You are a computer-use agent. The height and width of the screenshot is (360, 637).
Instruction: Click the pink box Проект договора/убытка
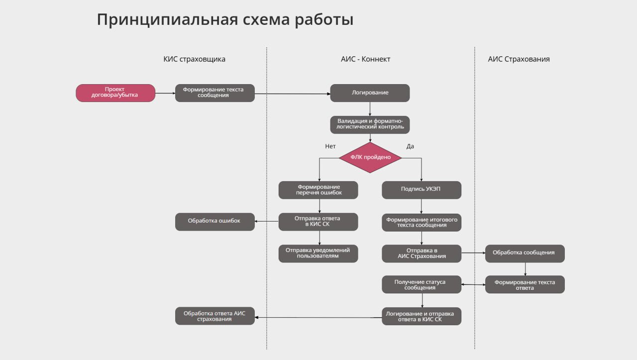[x=115, y=93]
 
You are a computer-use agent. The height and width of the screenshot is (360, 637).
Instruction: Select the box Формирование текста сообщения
[x=214, y=93]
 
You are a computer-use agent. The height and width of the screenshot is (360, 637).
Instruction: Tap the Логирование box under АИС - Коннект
[x=370, y=93]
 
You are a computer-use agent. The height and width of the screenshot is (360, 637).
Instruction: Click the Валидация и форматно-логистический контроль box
[x=370, y=124]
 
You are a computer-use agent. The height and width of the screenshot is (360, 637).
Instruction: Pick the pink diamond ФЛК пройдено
[x=370, y=157]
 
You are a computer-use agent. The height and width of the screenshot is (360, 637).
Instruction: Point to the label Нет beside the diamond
[x=330, y=146]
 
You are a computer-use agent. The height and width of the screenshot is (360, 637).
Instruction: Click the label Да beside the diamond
[x=410, y=146]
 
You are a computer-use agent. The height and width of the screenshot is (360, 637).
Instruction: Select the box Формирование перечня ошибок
[x=318, y=190]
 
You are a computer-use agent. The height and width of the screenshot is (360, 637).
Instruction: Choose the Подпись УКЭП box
[x=422, y=190]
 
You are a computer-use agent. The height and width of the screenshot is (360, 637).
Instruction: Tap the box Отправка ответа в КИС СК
[x=318, y=222]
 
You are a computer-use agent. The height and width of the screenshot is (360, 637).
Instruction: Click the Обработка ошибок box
[x=214, y=222]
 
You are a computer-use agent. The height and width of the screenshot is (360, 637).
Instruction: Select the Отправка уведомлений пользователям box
[x=318, y=253]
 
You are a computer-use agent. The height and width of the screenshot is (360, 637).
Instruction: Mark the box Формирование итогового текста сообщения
[x=422, y=222]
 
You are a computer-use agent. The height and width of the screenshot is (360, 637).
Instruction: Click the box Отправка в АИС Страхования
[x=422, y=253]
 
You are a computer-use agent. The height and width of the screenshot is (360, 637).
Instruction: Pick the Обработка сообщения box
[x=525, y=253]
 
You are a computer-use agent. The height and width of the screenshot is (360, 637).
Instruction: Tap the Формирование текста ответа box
[x=525, y=284]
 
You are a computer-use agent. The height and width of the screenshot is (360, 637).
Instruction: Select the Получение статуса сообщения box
[x=422, y=284]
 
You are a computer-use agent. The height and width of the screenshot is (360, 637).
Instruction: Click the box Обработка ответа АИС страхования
[x=214, y=316]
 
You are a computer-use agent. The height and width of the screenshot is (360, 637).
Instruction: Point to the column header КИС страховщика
[x=195, y=59]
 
